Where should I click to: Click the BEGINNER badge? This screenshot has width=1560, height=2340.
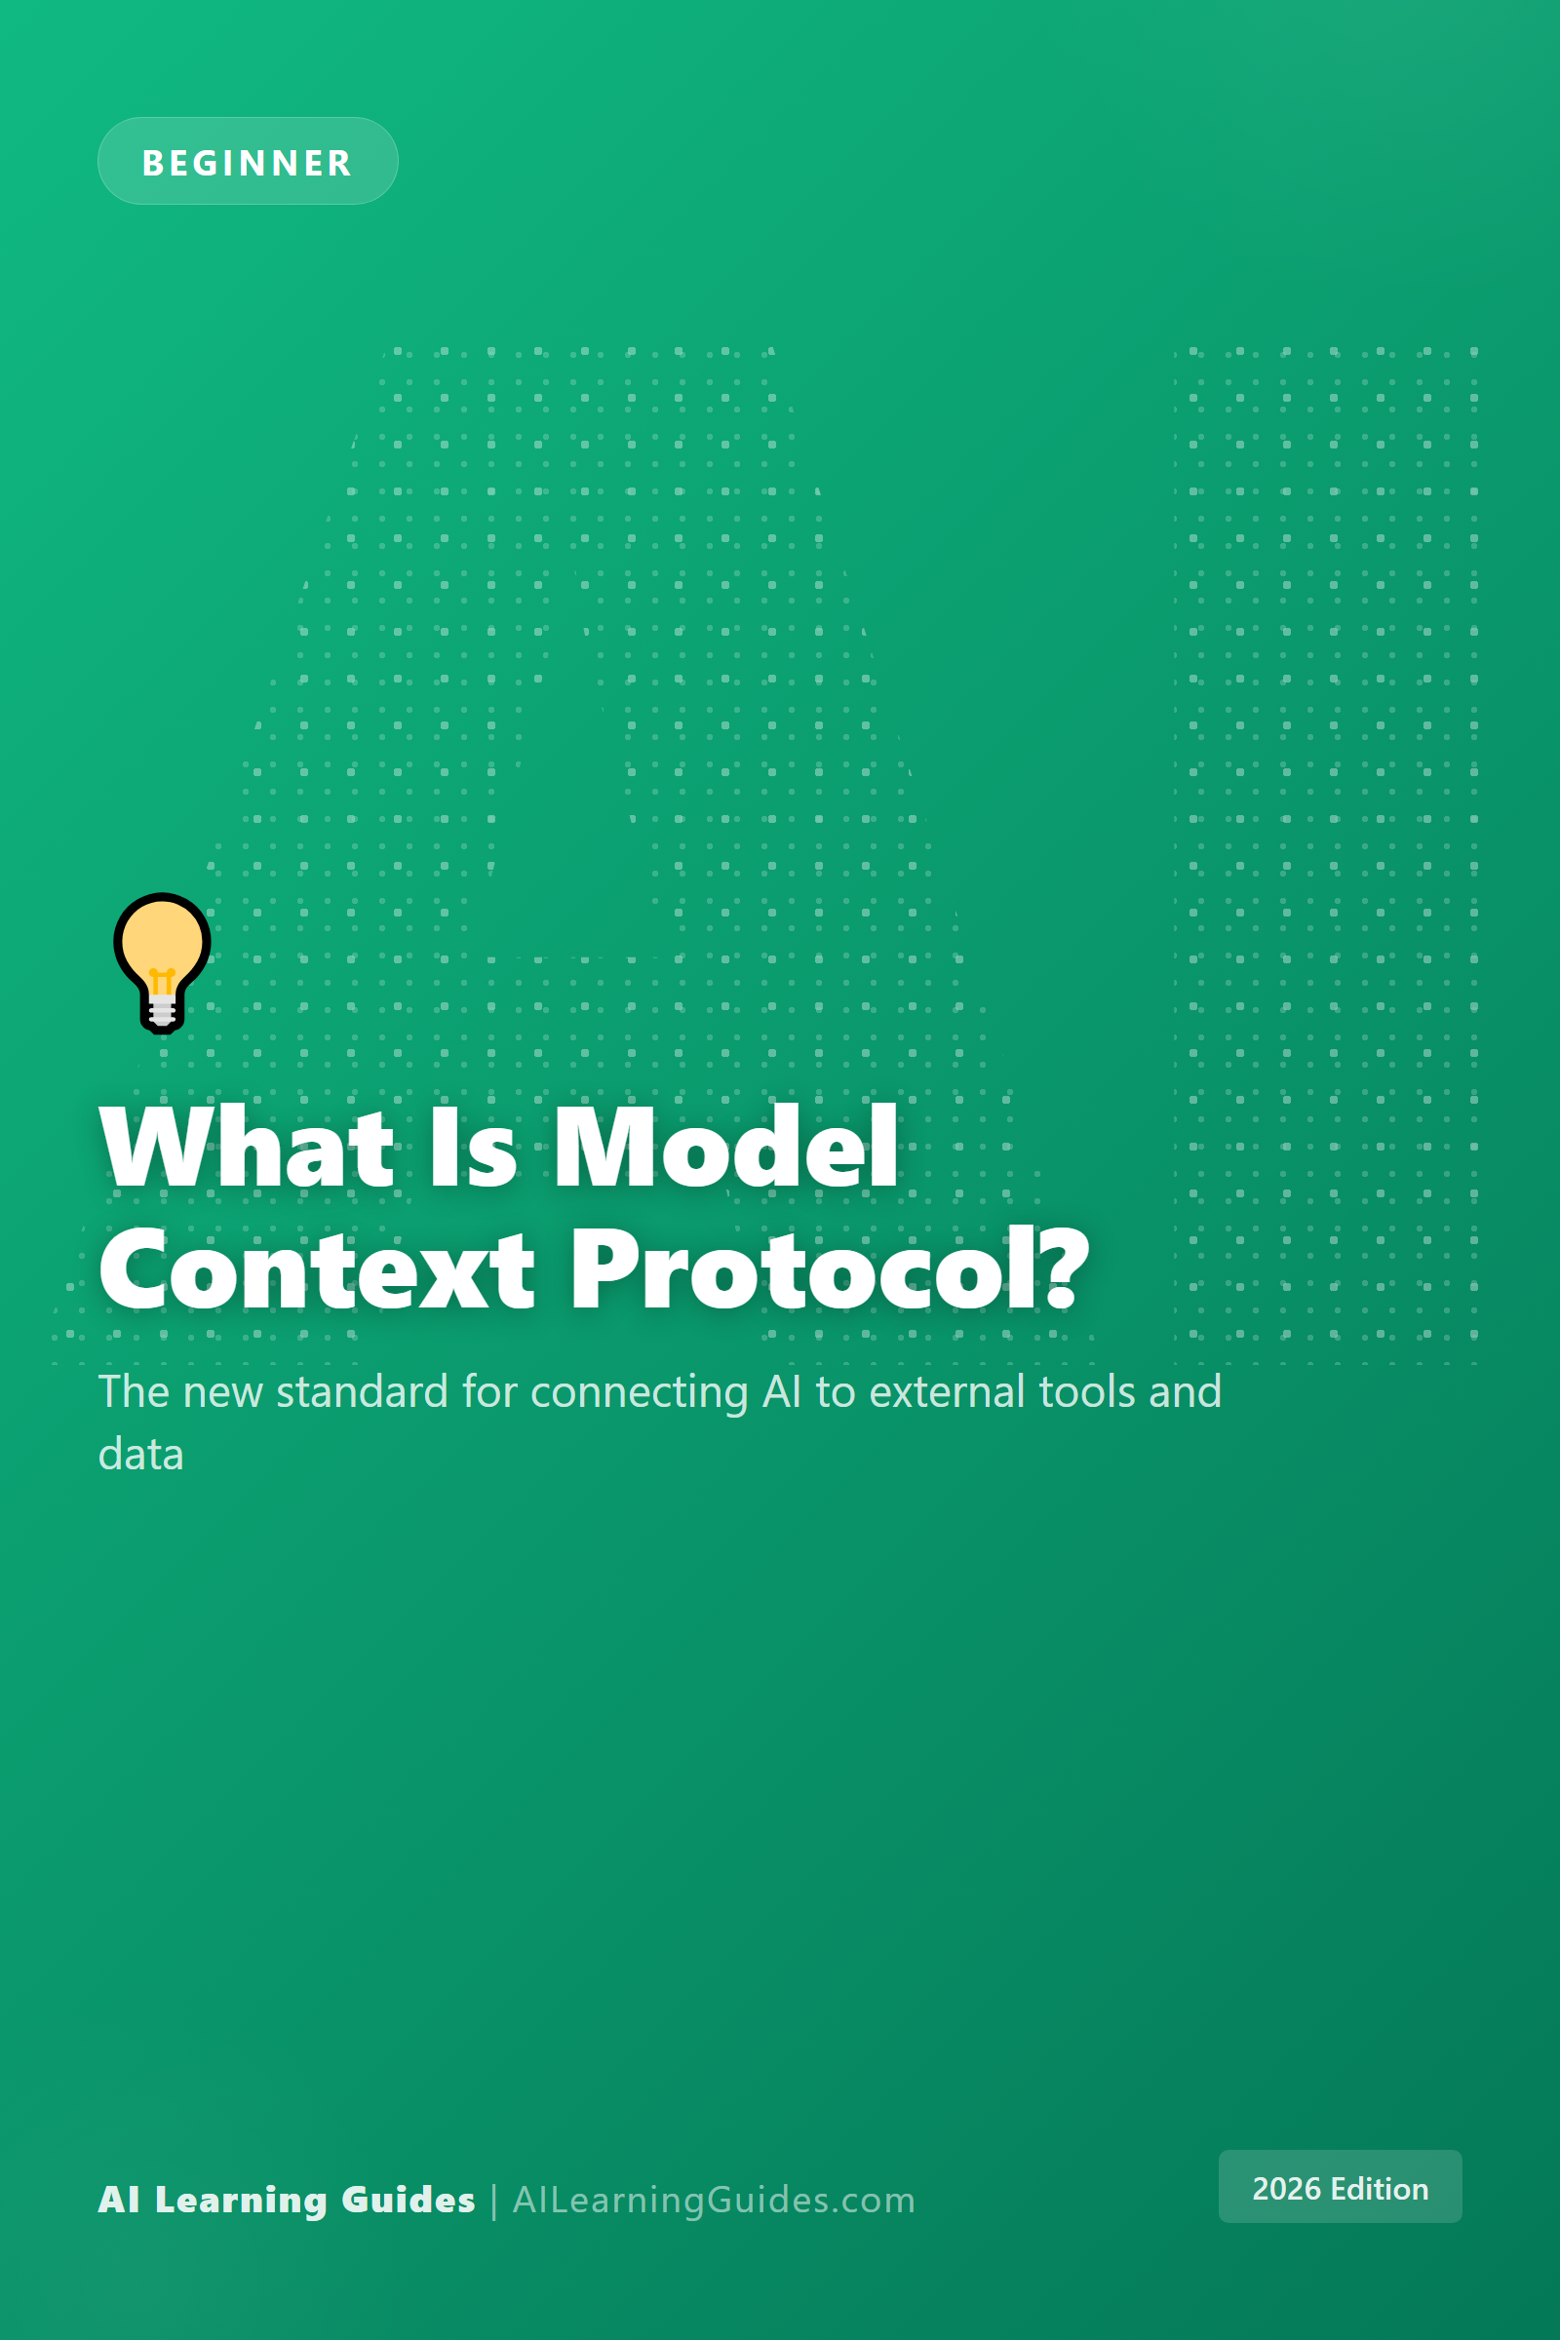click(x=248, y=161)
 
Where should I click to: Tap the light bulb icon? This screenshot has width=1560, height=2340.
click(x=162, y=963)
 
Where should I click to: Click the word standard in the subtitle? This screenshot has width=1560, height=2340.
click(x=362, y=1391)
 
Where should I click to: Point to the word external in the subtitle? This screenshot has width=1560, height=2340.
click(x=947, y=1391)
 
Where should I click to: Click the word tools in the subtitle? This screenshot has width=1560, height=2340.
click(x=1087, y=1391)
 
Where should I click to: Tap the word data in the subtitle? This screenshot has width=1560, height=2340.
click(x=141, y=1455)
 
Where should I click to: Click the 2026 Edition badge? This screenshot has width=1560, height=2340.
click(x=1340, y=2187)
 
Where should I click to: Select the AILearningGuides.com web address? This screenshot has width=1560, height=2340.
click(x=715, y=2200)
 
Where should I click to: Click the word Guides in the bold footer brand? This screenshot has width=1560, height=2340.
click(x=408, y=2200)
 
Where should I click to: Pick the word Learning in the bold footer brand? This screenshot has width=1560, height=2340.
click(x=242, y=2201)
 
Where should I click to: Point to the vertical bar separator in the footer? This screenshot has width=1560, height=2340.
click(x=493, y=2201)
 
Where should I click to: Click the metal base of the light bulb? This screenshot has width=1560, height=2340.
click(x=162, y=1013)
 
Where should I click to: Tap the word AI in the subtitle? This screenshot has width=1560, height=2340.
click(x=782, y=1392)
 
